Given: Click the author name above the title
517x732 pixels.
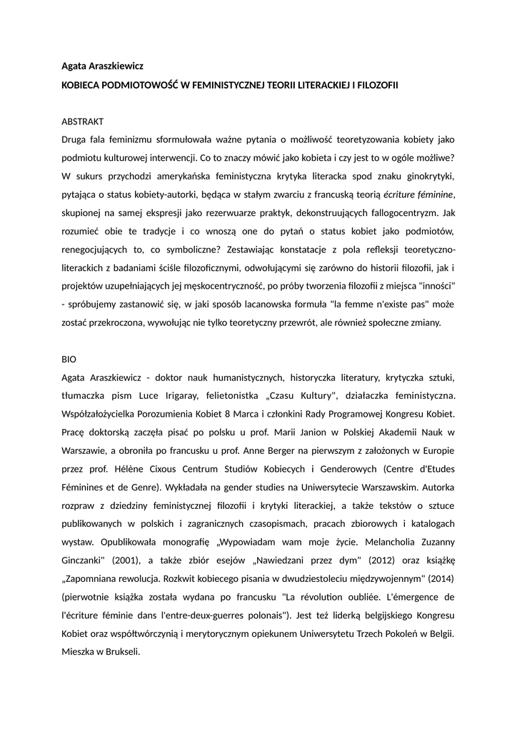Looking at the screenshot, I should coord(102,66).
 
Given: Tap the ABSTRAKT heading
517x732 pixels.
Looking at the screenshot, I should coord(84,122).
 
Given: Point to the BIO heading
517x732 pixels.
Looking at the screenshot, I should coord(69,359).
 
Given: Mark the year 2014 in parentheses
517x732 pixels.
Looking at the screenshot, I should coord(439,578).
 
